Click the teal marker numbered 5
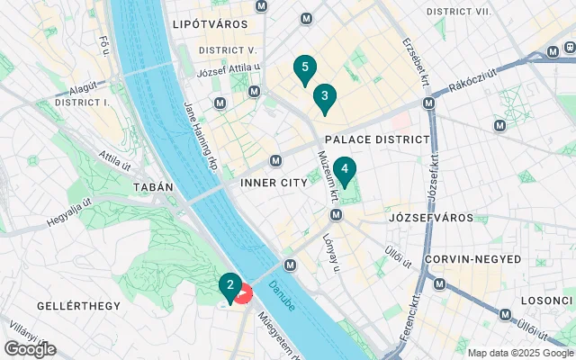tap(305, 68)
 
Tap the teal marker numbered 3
tap(324, 96)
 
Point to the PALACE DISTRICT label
tap(377, 139)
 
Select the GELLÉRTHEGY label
tap(78, 306)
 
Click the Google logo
tap(30, 349)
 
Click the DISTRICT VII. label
tap(460, 11)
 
